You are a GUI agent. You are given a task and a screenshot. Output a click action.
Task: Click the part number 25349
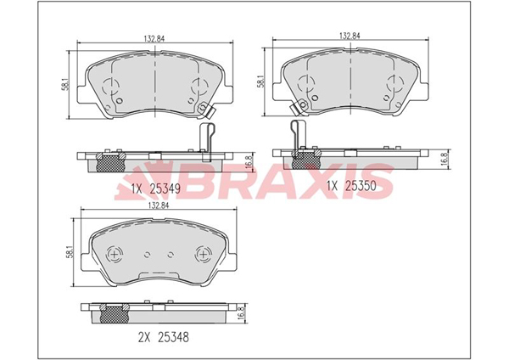pyautogui.click(x=165, y=188)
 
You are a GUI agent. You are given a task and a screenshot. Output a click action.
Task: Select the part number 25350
pyautogui.click(x=361, y=186)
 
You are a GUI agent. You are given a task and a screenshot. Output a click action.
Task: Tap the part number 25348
pyautogui.click(x=173, y=337)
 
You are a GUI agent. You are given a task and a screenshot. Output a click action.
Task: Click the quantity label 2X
pyautogui.click(x=144, y=337)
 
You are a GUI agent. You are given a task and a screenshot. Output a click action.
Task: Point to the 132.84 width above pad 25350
pyautogui.click(x=350, y=36)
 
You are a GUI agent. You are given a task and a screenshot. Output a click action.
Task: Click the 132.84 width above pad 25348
pyautogui.click(x=159, y=205)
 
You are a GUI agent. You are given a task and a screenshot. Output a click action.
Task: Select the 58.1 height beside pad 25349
pyautogui.click(x=66, y=84)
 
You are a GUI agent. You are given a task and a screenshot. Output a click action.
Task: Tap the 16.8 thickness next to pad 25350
pyautogui.click(x=445, y=160)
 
